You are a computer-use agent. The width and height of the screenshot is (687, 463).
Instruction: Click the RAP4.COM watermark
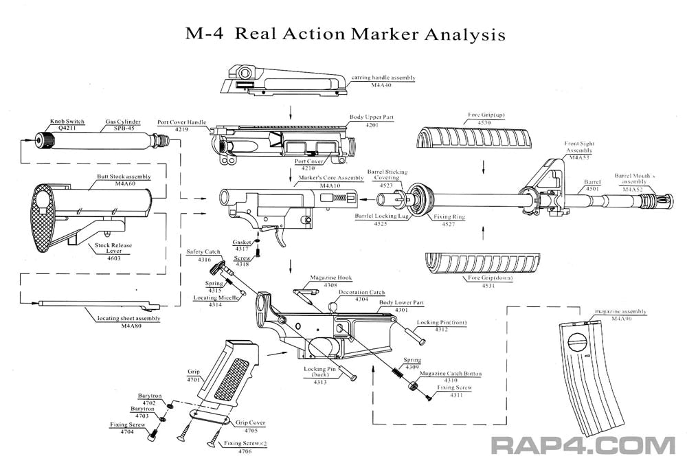(x=583, y=444)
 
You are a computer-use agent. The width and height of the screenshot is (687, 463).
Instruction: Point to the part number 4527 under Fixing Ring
(x=449, y=224)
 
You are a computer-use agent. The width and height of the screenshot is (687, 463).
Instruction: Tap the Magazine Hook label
(x=330, y=277)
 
